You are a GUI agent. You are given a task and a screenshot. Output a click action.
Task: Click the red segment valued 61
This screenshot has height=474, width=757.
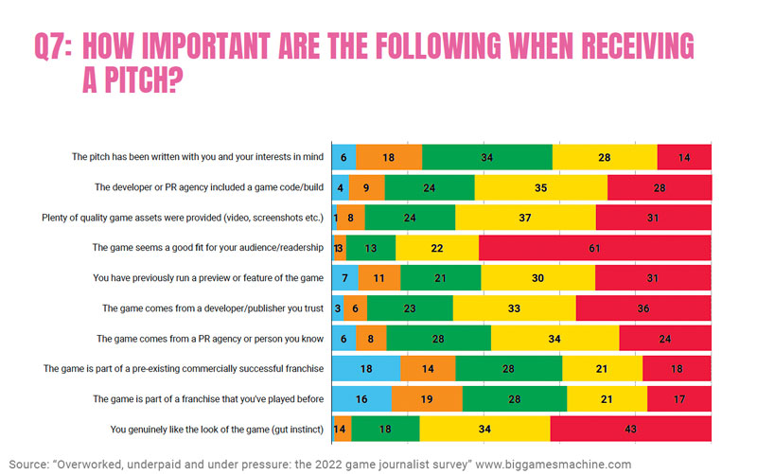[594, 248]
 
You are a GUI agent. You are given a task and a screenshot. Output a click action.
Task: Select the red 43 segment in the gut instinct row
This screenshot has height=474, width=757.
[629, 430]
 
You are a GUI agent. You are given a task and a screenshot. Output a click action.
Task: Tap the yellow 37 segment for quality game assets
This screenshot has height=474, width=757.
[525, 218]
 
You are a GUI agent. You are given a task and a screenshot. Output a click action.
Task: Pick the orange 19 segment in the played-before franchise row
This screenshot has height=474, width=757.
[427, 399]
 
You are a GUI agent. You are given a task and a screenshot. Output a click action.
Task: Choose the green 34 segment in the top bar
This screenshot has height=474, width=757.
[486, 157]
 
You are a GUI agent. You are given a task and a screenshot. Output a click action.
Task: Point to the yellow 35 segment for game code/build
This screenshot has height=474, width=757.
[540, 187]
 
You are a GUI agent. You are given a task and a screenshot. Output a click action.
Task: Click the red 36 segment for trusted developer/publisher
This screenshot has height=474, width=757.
[643, 308]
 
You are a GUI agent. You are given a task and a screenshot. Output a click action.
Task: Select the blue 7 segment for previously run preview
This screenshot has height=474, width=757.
[343, 278]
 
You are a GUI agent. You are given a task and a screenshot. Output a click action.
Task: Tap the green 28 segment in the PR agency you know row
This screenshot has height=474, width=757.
[438, 339]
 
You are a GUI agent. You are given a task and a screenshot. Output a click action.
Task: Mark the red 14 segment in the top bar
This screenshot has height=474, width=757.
[683, 157]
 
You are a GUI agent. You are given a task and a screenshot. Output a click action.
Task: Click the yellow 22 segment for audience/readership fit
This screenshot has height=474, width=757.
[437, 248]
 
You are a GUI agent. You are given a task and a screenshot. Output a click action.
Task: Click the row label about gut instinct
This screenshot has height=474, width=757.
[217, 430]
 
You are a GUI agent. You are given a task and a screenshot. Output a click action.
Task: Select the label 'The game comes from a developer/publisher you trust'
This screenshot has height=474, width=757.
[212, 309]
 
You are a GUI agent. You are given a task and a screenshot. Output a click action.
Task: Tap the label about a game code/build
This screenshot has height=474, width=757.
[208, 188]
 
